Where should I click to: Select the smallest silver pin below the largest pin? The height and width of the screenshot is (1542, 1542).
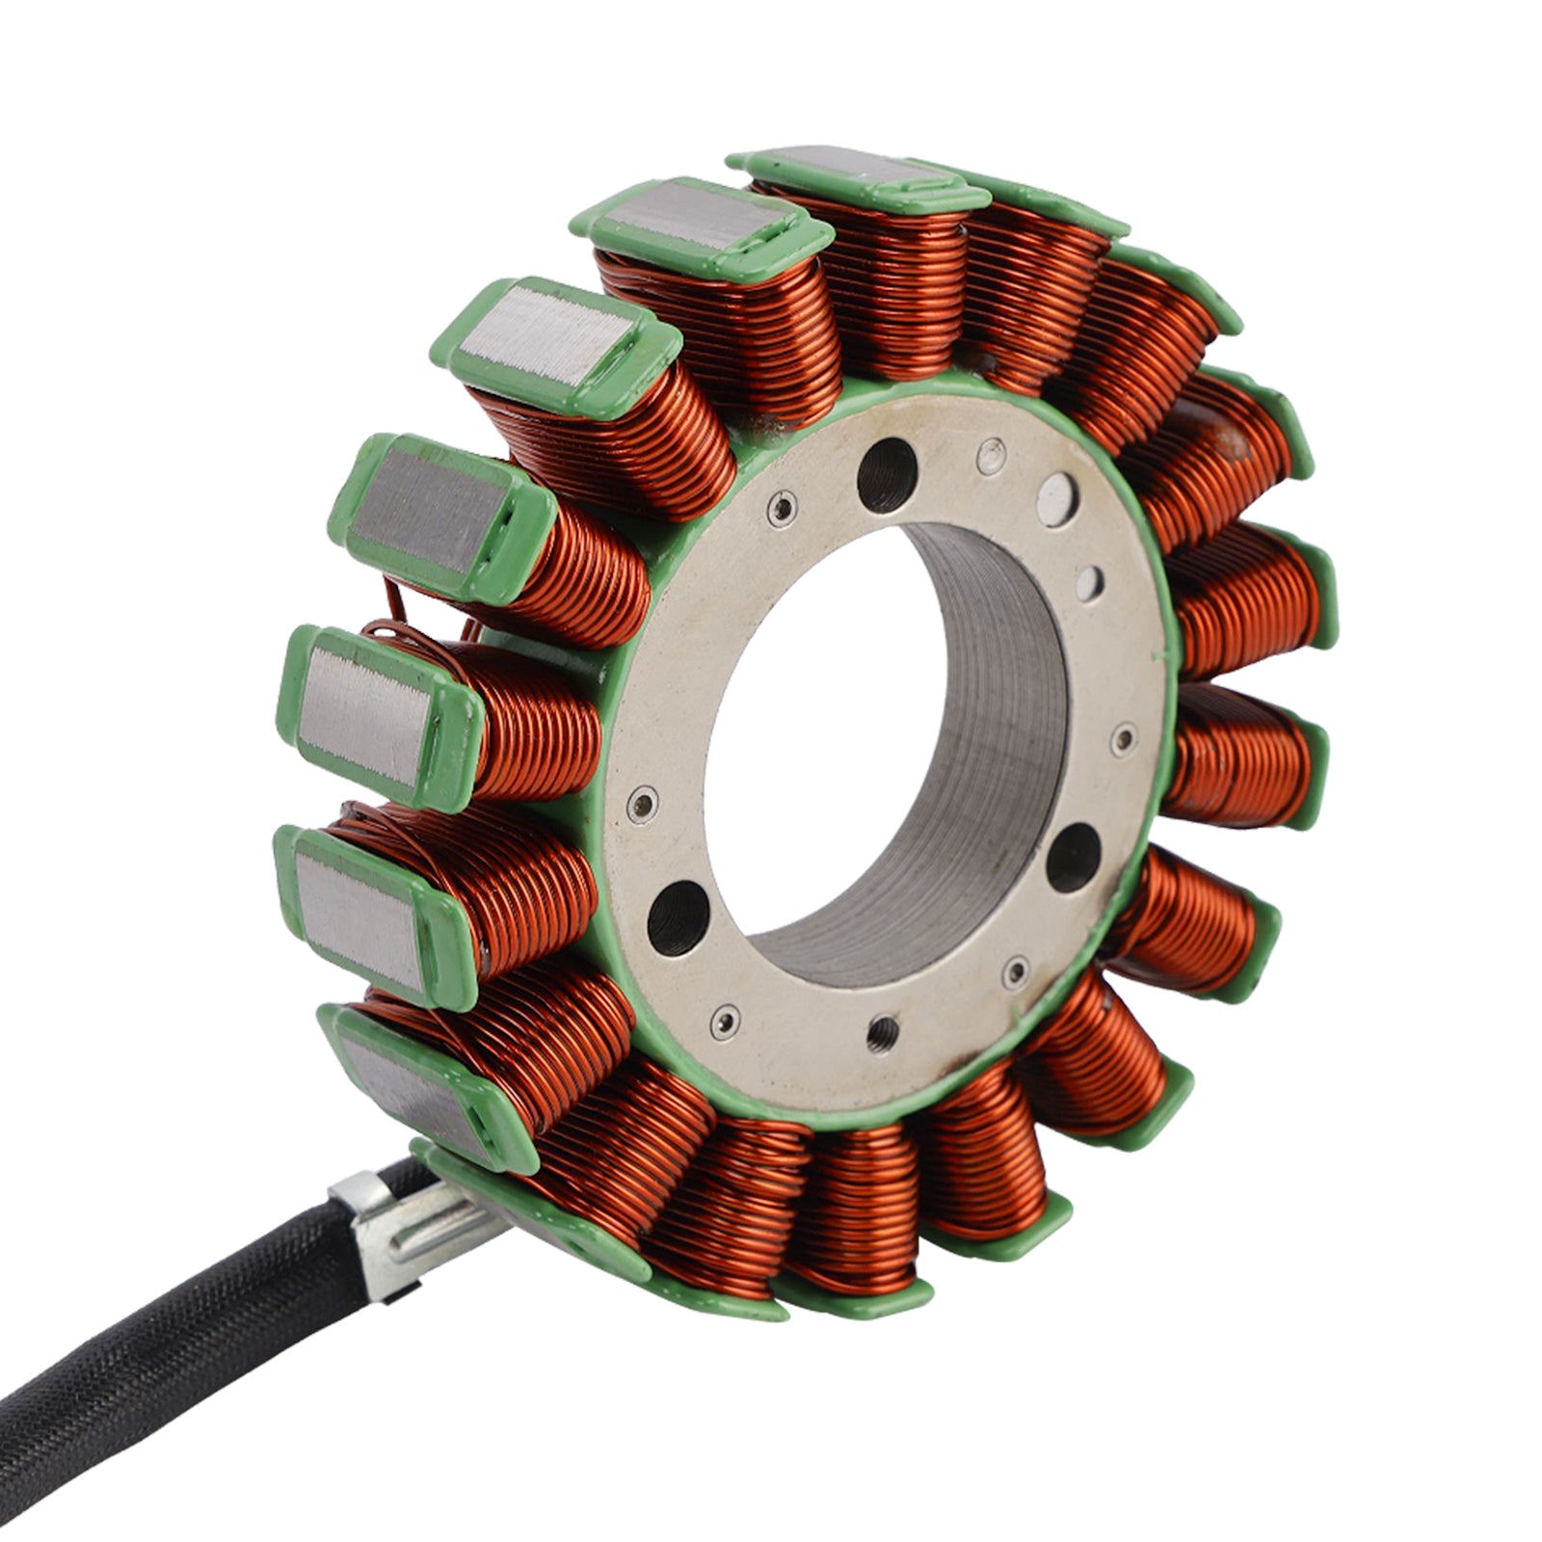click(1091, 580)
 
